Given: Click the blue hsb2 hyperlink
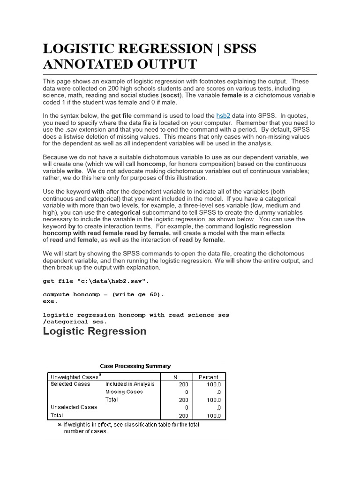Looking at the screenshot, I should pyautogui.click(x=223, y=115).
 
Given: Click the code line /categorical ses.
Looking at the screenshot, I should pyautogui.click(x=75, y=322).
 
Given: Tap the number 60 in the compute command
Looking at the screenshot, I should pyautogui.click(x=154, y=295).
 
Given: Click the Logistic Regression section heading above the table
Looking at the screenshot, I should pyautogui.click(x=94, y=331).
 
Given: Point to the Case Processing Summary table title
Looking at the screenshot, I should pyautogui.click(x=135, y=366).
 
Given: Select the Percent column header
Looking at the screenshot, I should pyautogui.click(x=208, y=377).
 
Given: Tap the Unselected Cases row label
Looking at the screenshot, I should pyautogui.click(x=74, y=407).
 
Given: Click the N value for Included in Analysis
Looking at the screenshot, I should pyautogui.click(x=183, y=384).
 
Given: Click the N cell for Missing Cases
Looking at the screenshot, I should pyautogui.click(x=186, y=392).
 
